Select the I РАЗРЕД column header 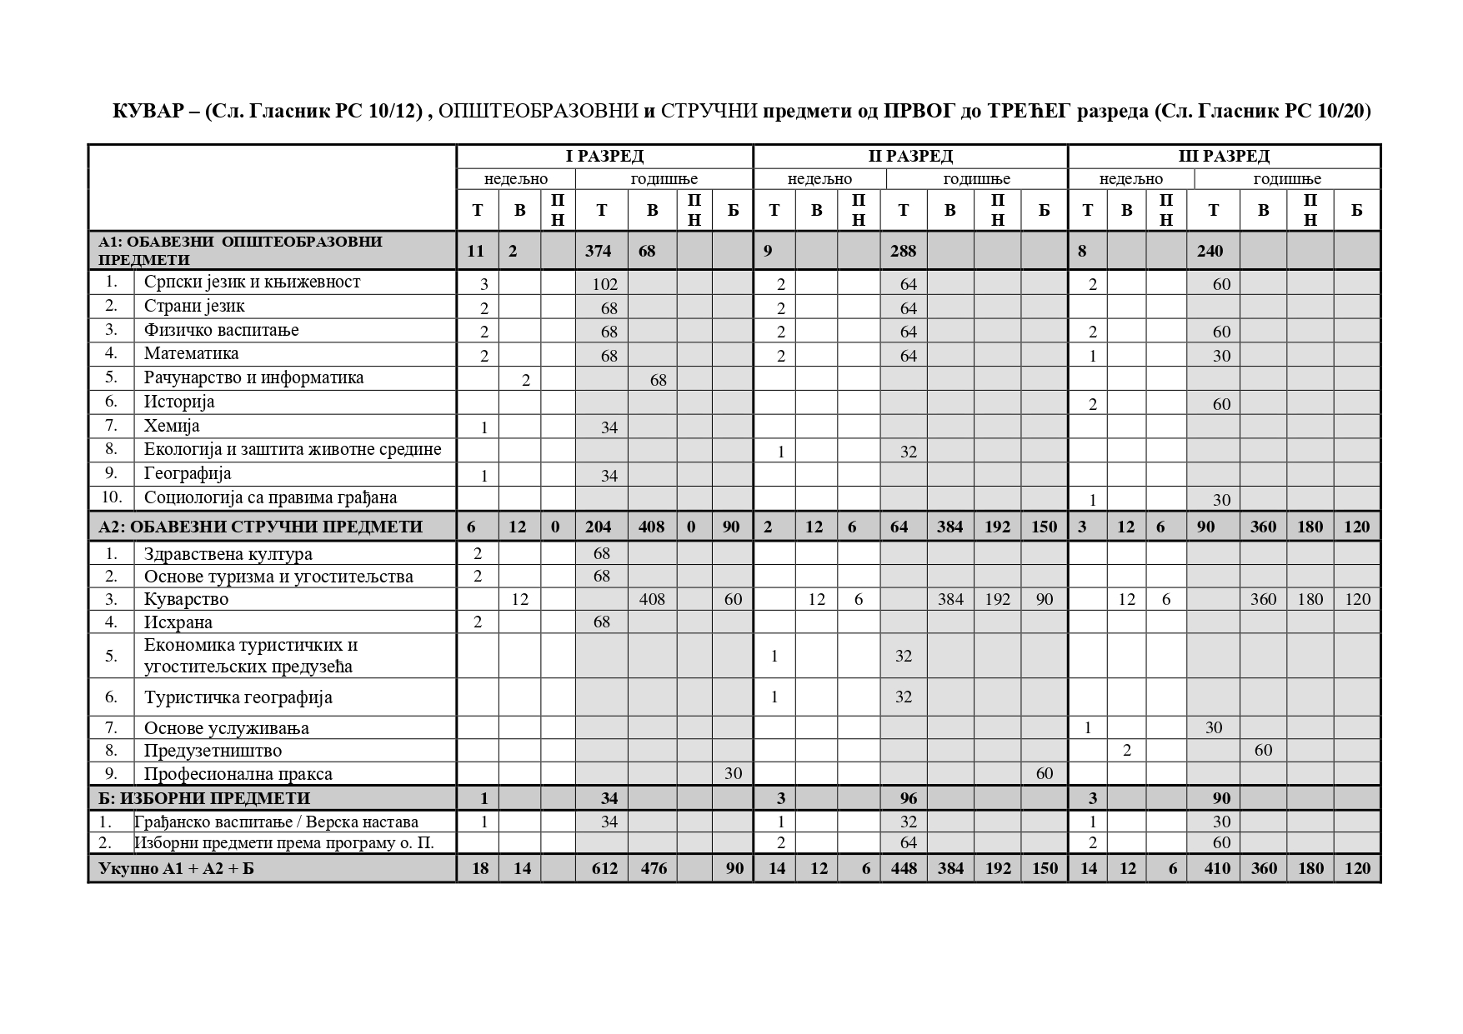pos(604,156)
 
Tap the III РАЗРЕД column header pos(1224,156)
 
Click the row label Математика pos(191,353)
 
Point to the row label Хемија pos(172,426)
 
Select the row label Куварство pos(186,599)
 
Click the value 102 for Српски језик pos(605,284)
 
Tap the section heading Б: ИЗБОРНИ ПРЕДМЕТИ pos(203,798)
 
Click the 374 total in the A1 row pos(598,251)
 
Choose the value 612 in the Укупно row pos(604,868)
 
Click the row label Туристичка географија pos(238,697)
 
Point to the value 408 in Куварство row pos(652,599)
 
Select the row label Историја pos(179,402)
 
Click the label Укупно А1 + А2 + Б pos(176,868)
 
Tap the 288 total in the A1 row pos(903,251)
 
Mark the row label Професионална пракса pos(238,774)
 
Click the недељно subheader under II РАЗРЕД pos(819,179)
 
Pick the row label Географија pos(188,473)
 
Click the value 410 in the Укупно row pos(1217,868)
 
